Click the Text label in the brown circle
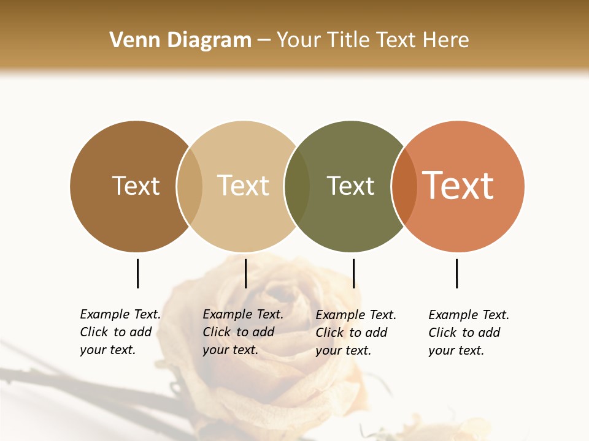tap(136, 186)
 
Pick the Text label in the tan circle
tap(244, 186)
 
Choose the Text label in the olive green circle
tap(350, 186)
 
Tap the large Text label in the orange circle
tap(458, 186)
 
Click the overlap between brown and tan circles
tap(190, 186)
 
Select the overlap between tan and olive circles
tap(297, 186)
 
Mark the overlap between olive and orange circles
tap(404, 186)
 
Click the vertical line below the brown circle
tap(137, 273)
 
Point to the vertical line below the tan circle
tap(245, 273)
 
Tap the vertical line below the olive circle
tap(353, 273)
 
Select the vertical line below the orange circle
tap(456, 273)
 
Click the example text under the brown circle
tap(120, 332)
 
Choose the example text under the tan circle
tap(243, 332)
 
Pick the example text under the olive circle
tap(356, 333)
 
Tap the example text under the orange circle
tap(469, 333)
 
